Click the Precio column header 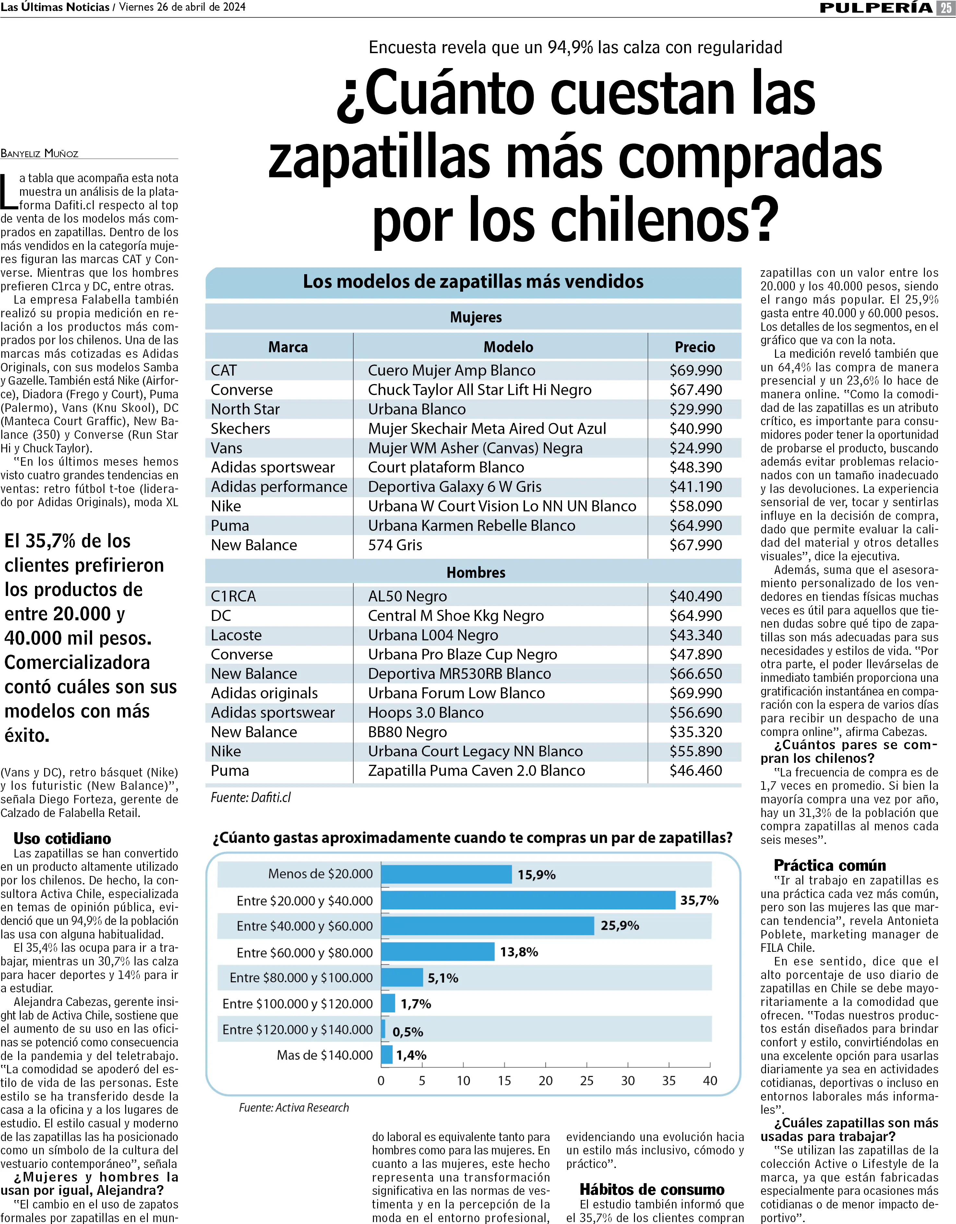695,347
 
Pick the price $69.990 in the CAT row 695,370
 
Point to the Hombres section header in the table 475,572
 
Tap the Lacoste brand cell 236,635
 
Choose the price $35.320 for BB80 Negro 695,732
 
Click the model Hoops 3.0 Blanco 425,712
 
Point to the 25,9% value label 620,925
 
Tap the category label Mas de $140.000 325,1055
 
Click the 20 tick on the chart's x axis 545,1080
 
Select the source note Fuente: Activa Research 294,1107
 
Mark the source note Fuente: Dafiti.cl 251,797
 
